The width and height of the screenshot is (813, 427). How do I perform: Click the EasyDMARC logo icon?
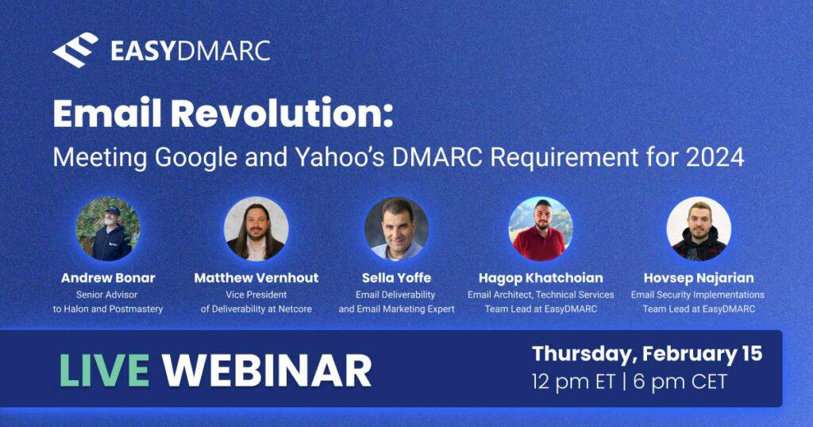click(x=75, y=50)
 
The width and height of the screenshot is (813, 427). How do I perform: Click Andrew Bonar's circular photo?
click(x=108, y=229)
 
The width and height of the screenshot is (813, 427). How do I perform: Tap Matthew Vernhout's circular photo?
click(x=256, y=229)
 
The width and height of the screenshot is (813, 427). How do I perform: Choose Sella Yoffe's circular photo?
click(x=397, y=229)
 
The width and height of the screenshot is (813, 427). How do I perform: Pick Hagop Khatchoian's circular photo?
click(x=541, y=229)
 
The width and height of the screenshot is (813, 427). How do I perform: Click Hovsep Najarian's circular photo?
click(x=699, y=229)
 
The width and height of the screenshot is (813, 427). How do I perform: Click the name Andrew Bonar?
click(x=108, y=278)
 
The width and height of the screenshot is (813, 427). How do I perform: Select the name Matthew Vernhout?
click(x=256, y=278)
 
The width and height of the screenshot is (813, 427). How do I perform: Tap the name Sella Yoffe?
click(x=397, y=278)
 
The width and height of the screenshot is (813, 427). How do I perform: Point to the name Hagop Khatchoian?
click(x=541, y=279)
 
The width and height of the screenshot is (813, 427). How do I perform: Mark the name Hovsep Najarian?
click(x=699, y=279)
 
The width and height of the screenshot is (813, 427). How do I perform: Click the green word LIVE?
click(x=104, y=370)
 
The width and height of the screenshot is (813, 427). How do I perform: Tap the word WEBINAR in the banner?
click(x=267, y=370)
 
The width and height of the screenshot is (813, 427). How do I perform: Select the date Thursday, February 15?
click(x=647, y=355)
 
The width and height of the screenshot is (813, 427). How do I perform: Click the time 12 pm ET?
click(x=573, y=383)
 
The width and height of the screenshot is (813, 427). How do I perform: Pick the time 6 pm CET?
click(x=680, y=383)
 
